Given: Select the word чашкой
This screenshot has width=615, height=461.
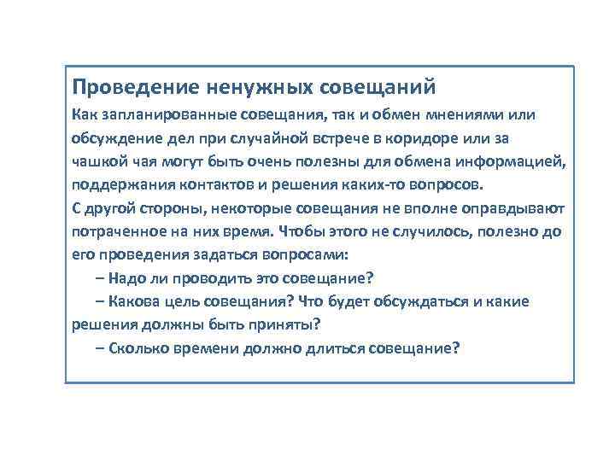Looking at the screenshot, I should (x=98, y=161).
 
